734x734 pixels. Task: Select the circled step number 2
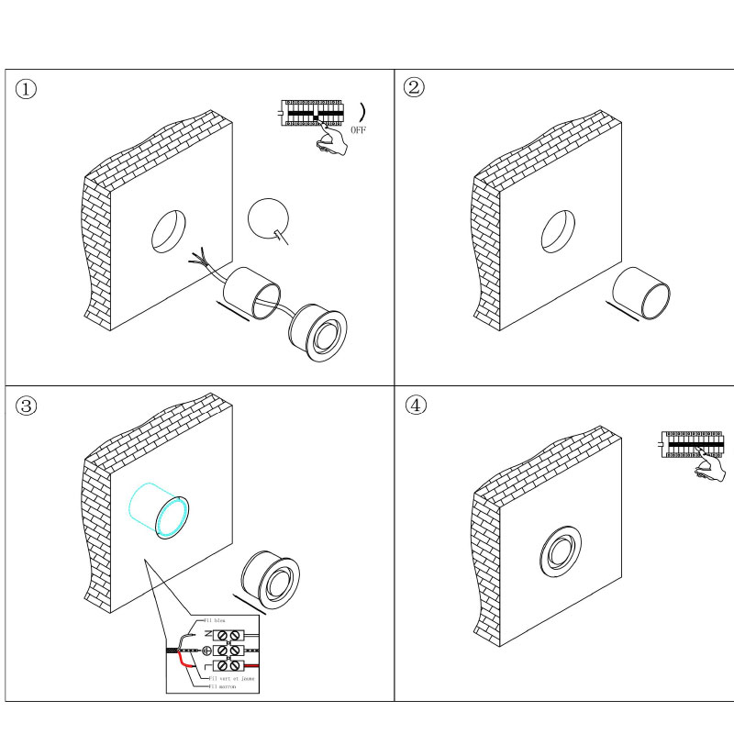click(415, 88)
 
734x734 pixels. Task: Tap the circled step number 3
click(28, 406)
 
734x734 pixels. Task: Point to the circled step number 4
click(416, 406)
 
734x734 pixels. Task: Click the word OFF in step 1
click(358, 131)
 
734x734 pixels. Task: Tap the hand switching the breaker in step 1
click(332, 139)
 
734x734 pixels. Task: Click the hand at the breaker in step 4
click(709, 469)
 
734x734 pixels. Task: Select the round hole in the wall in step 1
click(167, 231)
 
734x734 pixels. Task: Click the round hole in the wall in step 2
click(558, 233)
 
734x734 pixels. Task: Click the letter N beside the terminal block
click(207, 635)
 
